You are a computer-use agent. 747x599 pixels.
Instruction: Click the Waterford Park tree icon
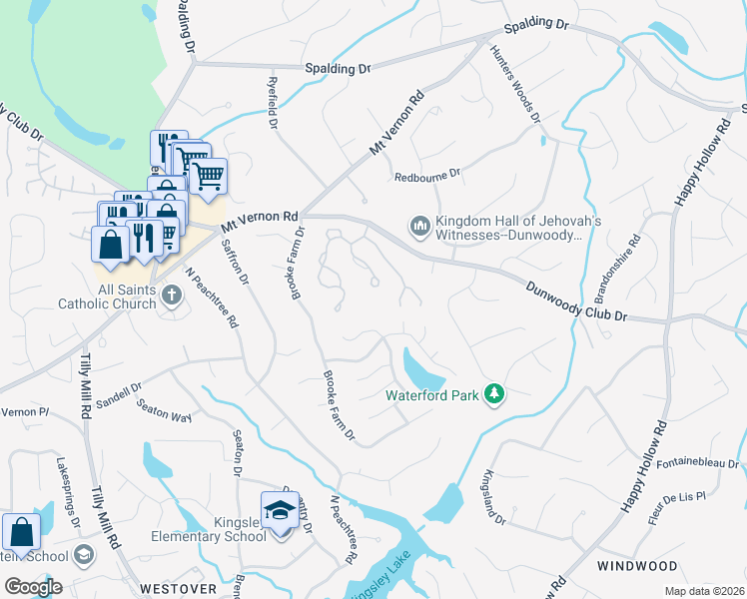tap(493, 394)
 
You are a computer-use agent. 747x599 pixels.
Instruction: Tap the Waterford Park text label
tap(432, 394)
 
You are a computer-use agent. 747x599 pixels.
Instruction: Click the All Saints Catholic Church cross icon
tap(171, 295)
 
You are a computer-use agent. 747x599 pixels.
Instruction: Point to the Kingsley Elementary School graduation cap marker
tap(280, 510)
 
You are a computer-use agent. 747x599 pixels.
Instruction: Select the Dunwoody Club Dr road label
tap(577, 300)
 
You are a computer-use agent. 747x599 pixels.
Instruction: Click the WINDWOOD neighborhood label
tap(637, 566)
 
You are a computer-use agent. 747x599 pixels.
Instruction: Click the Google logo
tap(33, 587)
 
